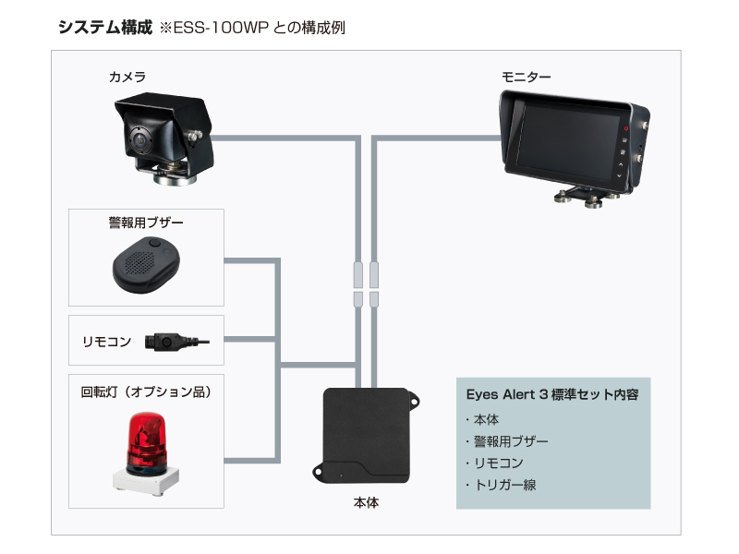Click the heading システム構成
point(104,27)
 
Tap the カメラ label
point(127,77)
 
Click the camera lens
point(139,139)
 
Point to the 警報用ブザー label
point(147,223)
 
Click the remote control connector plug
point(166,343)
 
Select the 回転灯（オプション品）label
point(147,391)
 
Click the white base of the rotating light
point(146,480)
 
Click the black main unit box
point(367,434)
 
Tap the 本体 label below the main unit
point(366,503)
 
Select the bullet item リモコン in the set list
point(500,463)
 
